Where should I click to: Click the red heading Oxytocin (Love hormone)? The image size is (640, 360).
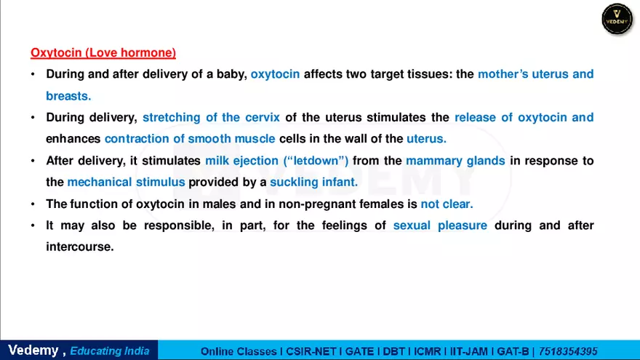103,53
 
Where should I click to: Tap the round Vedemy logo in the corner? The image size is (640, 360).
617,18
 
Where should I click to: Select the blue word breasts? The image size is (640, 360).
68,95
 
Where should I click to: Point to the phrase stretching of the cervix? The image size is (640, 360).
211,117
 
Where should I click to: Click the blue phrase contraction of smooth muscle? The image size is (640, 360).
190,138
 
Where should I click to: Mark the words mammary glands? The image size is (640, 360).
455,161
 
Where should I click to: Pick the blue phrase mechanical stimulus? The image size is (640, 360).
126,182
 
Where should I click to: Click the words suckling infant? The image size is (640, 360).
313,182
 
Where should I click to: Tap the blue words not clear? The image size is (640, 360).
447,204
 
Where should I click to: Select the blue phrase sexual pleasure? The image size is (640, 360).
440,225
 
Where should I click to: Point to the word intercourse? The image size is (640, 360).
80,247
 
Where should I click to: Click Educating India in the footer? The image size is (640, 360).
110,351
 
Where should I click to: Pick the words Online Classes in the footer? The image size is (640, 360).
240,351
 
